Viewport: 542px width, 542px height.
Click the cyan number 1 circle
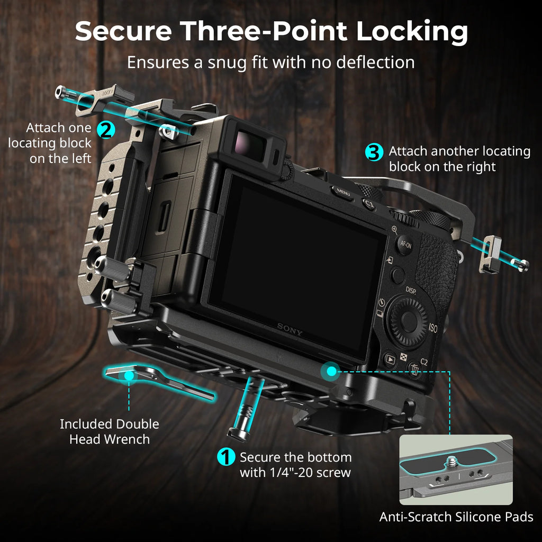227,457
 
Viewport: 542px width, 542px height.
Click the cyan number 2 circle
105,130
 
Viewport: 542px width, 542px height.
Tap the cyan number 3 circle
374,153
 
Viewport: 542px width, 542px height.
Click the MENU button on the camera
343,194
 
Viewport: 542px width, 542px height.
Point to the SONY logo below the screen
290,330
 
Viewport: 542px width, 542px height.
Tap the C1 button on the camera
369,204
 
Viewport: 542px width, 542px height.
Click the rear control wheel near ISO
408,319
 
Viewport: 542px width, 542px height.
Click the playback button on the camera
390,360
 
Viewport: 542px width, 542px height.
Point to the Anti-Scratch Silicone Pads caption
456,517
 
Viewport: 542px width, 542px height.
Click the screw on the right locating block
521,265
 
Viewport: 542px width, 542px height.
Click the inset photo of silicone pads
456,469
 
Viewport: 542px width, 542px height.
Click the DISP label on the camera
411,290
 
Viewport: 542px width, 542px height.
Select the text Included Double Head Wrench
109,431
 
